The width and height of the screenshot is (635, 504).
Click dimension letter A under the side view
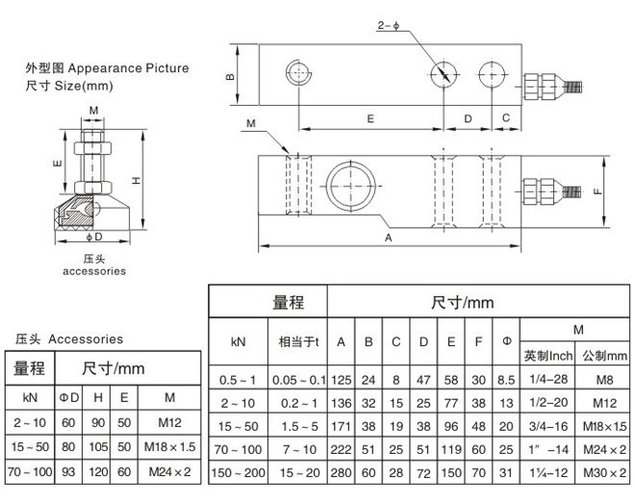pos(389,236)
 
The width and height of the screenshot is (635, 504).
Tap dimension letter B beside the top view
pos(231,76)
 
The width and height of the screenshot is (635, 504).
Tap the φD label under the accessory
pos(93,237)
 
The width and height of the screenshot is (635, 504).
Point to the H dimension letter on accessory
pos(137,179)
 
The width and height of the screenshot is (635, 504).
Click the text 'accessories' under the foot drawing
pos(94,271)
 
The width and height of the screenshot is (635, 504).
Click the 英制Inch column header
pos(547,355)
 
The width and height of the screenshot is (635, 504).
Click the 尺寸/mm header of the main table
pos(462,302)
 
